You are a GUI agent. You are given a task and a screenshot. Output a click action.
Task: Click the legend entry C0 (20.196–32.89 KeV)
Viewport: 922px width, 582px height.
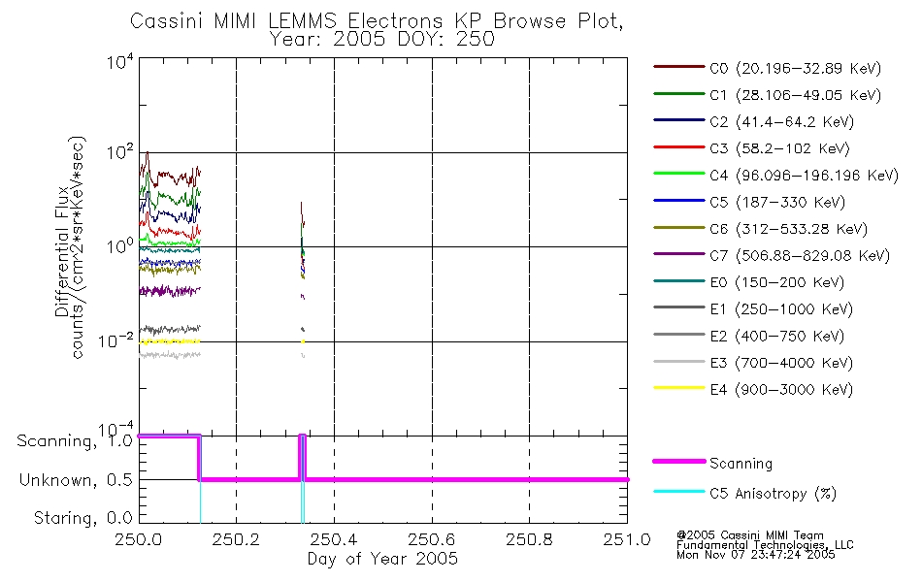(768, 68)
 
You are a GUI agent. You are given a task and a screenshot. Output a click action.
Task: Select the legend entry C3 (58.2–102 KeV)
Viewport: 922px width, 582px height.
(751, 148)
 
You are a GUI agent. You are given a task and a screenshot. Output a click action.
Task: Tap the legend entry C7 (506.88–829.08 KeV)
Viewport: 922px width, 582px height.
(772, 255)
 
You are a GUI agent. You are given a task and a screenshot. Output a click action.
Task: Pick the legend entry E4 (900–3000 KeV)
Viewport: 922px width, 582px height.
(753, 389)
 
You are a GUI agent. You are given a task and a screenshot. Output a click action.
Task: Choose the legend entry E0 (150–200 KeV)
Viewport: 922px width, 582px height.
(749, 282)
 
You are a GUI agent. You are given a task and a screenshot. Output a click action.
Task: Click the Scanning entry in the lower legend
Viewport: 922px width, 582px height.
(712, 463)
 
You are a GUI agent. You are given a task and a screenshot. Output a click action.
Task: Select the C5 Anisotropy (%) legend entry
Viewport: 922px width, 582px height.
(745, 493)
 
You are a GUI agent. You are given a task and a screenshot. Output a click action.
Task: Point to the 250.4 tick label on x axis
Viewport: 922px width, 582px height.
(334, 539)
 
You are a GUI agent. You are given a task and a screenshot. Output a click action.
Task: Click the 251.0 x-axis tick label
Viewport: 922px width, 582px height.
(627, 539)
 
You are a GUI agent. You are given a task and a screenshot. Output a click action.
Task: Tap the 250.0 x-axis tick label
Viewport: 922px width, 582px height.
(139, 539)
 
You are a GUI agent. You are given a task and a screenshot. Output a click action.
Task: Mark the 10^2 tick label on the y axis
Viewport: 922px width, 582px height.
(120, 151)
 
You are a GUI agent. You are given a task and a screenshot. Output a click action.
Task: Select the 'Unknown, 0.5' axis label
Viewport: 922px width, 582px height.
(77, 480)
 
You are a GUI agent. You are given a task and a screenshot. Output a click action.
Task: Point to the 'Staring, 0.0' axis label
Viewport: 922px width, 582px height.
(83, 518)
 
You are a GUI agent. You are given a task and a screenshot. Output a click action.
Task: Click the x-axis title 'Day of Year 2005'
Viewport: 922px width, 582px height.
(382, 559)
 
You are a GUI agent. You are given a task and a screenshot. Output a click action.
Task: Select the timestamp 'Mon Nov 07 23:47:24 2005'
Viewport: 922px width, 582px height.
(756, 554)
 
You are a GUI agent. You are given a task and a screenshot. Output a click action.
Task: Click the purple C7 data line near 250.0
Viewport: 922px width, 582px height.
(169, 290)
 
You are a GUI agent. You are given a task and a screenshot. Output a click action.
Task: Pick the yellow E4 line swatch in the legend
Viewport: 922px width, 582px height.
(678, 388)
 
